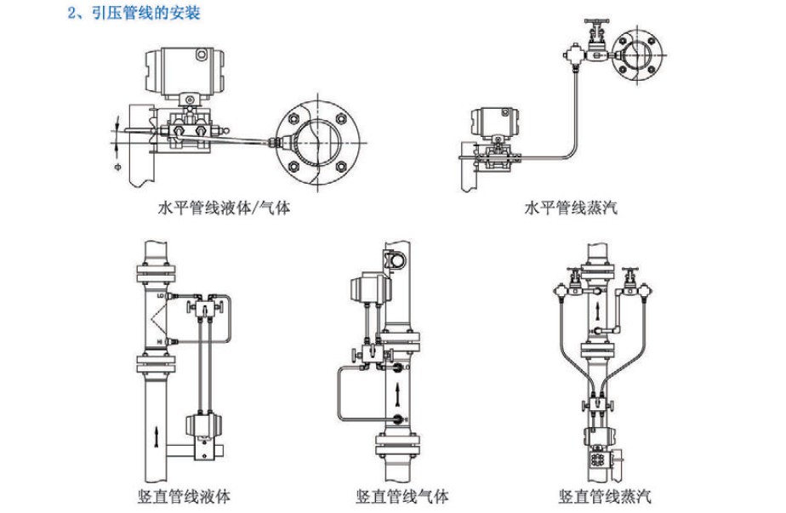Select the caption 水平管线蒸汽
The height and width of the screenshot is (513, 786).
pos(571,207)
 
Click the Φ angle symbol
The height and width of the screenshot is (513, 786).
pos(117,168)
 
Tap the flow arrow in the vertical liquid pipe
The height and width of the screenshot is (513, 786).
pos(158,436)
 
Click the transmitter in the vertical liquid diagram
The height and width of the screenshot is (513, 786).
pos(202,425)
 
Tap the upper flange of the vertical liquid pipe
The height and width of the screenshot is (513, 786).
pos(158,273)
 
